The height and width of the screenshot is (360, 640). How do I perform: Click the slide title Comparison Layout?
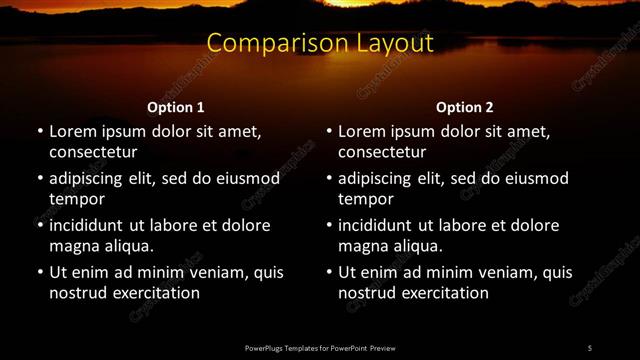tap(320, 43)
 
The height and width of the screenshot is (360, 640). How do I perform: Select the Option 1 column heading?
tap(176, 107)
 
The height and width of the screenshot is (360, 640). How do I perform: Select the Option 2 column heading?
tap(465, 107)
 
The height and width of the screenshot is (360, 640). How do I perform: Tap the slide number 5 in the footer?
tap(589, 347)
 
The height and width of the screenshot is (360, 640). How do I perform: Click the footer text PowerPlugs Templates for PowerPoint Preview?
tap(320, 347)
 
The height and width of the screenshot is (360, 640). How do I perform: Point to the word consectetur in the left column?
tap(93, 152)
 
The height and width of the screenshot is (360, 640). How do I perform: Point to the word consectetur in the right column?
tap(382, 152)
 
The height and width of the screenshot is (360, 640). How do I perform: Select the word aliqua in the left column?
tap(127, 246)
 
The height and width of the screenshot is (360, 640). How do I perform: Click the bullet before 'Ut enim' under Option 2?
tap(329, 272)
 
